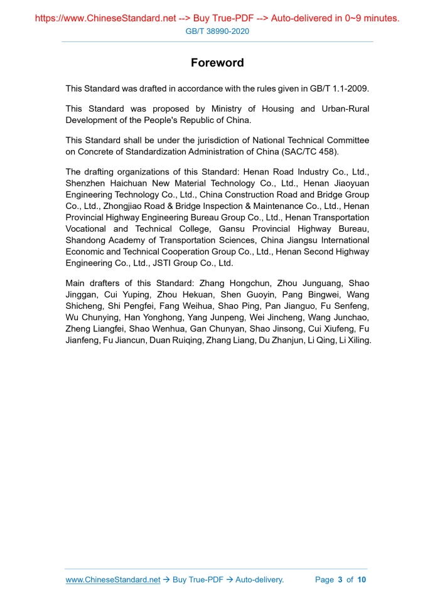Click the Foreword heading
[x=217, y=63]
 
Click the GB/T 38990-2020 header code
[x=217, y=31]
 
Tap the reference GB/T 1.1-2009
[x=342, y=88]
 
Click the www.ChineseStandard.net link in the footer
[x=113, y=580]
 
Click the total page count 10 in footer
[x=362, y=580]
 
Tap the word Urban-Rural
[x=345, y=109]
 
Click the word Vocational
[x=87, y=229]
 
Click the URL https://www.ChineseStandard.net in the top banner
[x=105, y=18]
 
